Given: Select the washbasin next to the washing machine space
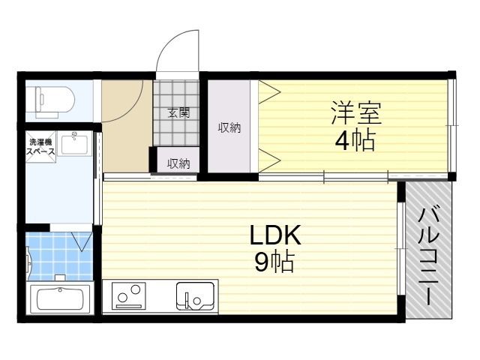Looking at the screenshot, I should coord(74,142).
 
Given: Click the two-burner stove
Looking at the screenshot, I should coord(129,295).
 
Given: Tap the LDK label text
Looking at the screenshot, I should coord(274,237).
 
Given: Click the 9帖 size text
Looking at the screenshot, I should coord(274,263).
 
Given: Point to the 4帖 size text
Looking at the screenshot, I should coord(354,140).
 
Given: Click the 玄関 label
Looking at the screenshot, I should coord(178,114).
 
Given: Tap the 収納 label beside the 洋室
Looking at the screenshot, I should coord(229,127).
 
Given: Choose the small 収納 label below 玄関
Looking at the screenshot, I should coord(178,163).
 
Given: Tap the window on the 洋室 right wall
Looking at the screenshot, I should coord(451,127).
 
